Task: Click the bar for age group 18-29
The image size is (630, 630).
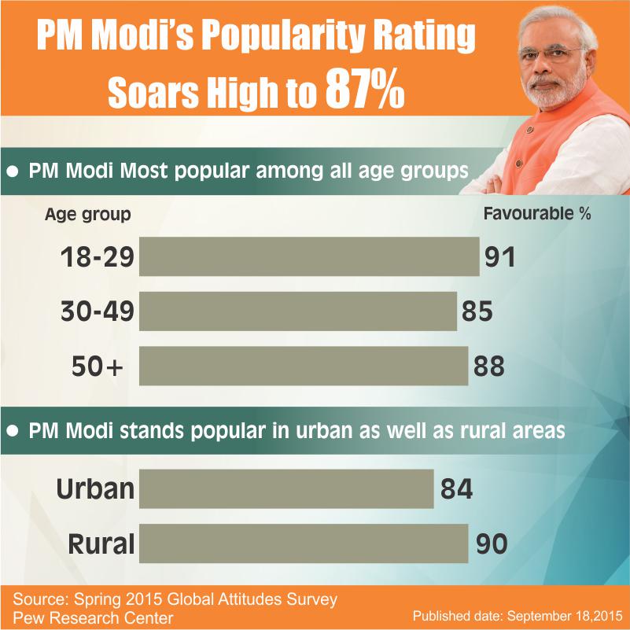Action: tap(309, 256)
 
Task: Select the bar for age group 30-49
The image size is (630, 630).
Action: tap(298, 311)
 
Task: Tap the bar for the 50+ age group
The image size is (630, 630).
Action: tap(304, 366)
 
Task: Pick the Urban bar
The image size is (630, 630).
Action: tap(286, 489)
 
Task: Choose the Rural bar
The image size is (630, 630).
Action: tap(304, 543)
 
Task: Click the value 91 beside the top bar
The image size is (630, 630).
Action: tap(499, 257)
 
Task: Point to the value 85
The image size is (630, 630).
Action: tap(477, 311)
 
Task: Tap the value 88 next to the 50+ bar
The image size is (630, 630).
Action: tap(488, 366)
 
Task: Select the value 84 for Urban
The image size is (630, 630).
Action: tap(456, 489)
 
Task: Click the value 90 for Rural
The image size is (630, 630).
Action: tap(492, 543)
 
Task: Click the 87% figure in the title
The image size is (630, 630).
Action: tap(364, 88)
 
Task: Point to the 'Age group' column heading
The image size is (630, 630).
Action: tap(87, 215)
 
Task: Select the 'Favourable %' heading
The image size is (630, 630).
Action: tap(536, 213)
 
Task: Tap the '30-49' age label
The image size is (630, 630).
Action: tap(98, 311)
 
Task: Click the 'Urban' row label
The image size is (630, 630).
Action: tap(95, 489)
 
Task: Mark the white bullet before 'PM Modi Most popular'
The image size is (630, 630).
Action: tap(13, 171)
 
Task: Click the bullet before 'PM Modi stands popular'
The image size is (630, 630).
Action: tap(13, 431)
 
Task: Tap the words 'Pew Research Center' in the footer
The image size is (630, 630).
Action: tap(93, 617)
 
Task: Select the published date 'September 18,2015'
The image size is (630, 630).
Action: tap(565, 616)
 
